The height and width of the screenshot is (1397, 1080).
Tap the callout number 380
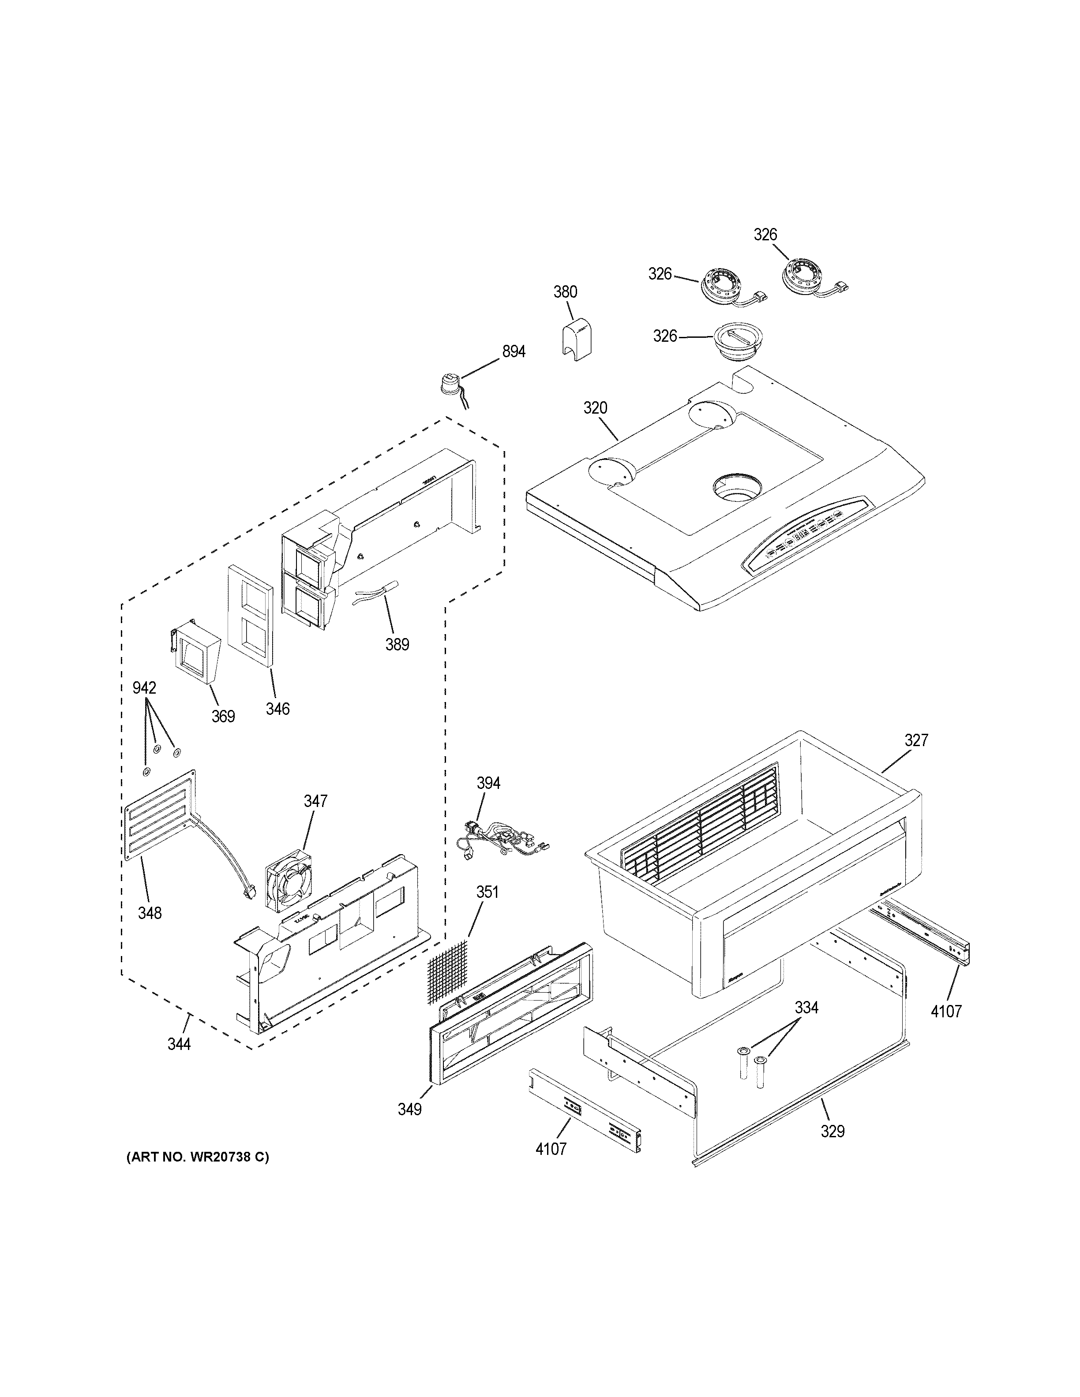(565, 292)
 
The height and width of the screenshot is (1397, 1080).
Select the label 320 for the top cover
(595, 408)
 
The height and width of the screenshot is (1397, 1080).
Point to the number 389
(397, 644)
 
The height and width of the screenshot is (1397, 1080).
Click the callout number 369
(223, 717)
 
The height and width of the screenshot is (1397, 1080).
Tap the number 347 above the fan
(315, 800)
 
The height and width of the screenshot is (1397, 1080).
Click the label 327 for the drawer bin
(916, 740)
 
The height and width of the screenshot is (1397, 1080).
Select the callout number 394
(489, 783)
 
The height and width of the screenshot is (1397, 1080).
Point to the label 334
(806, 1008)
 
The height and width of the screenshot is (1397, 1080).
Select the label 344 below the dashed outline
(179, 1045)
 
